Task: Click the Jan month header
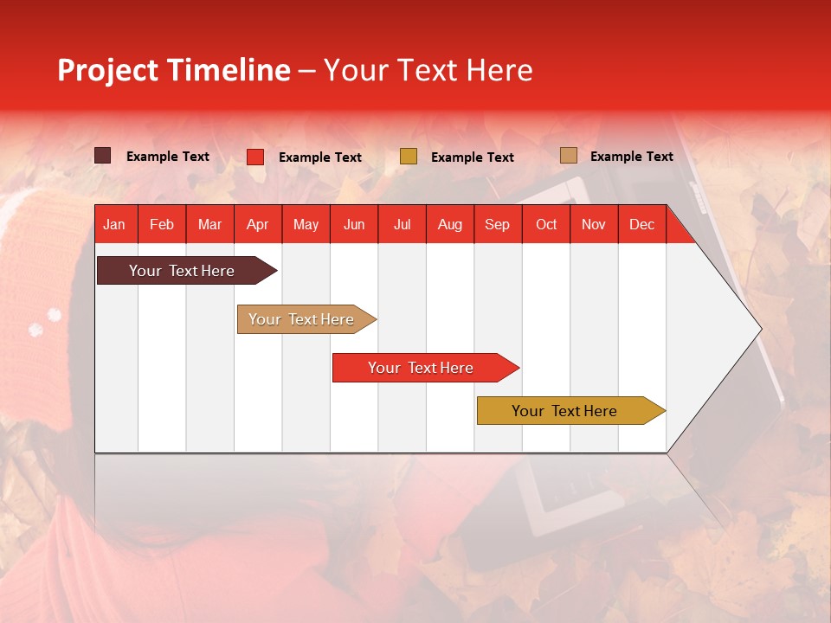point(114,224)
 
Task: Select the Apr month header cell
point(257,224)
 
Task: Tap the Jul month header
point(402,224)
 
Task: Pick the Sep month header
point(497,224)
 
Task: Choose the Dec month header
point(641,224)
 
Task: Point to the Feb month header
point(162,224)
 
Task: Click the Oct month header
point(546,224)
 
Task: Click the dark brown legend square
point(102,156)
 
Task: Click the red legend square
point(254,157)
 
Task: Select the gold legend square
point(409,157)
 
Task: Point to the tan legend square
point(568,156)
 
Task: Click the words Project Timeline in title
point(173,70)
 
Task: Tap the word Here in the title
point(499,70)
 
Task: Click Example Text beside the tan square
point(631,157)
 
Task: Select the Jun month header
point(354,224)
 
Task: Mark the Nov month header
point(594,224)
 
